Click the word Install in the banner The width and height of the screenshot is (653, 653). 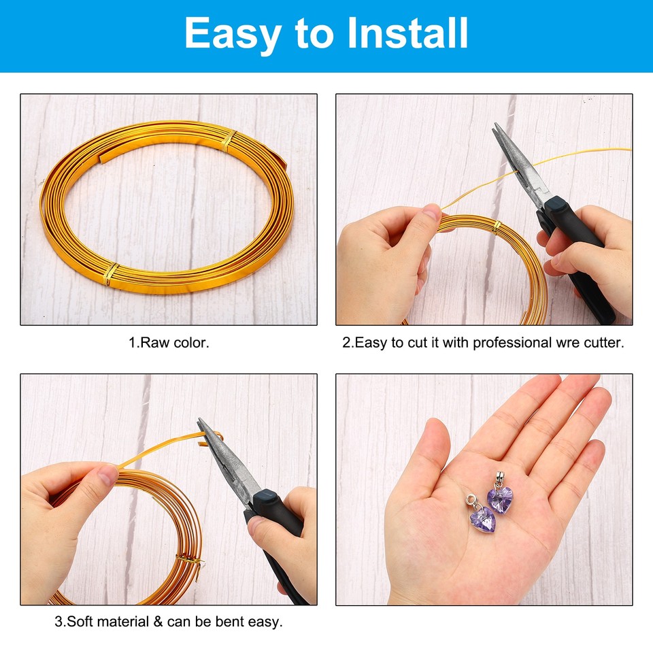click(407, 33)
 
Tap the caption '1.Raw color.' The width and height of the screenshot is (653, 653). click(169, 343)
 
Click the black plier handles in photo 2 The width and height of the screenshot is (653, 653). click(578, 258)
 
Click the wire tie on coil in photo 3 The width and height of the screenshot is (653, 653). click(189, 560)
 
